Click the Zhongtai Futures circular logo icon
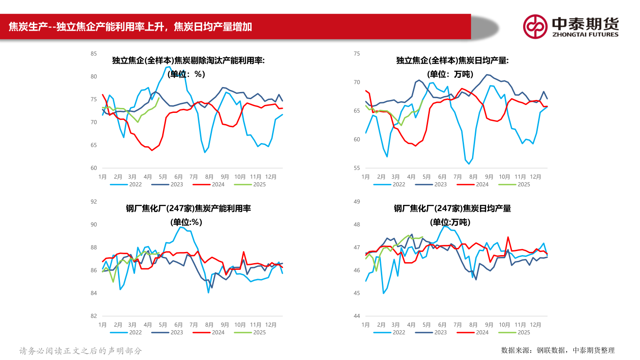[535, 26]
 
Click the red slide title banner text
[130, 27]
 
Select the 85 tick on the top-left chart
[93, 54]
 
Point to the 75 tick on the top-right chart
[356, 54]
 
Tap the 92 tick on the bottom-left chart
[93, 202]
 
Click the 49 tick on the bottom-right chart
[356, 202]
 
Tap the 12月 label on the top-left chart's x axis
[271, 176]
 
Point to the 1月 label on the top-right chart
[365, 176]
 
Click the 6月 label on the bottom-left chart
[179, 324]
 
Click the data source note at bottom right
[558, 350]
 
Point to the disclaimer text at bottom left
[80, 351]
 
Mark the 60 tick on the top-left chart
[93, 168]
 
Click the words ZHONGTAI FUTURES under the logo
[585, 34]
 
